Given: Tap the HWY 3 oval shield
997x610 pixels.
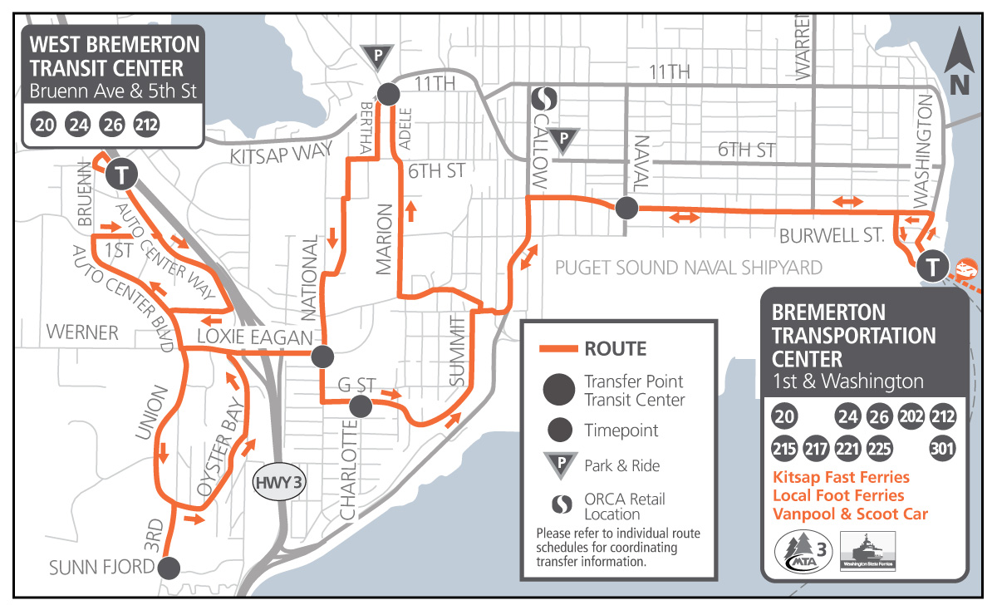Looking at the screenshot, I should [278, 482].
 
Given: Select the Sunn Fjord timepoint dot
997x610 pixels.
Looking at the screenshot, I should [169, 568].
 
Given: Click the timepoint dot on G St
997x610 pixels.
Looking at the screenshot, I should [360, 406].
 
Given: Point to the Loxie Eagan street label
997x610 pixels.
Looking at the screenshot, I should [254, 337].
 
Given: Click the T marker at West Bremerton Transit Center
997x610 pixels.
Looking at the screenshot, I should [122, 175].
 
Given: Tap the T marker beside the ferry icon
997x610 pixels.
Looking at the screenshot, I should [933, 267].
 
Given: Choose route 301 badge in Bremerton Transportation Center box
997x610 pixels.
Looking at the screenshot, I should [942, 448].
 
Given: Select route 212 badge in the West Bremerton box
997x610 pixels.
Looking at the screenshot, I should [146, 125].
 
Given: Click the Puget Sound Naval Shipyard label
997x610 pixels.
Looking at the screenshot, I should [688, 268].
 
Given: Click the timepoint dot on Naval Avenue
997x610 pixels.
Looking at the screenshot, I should [626, 208].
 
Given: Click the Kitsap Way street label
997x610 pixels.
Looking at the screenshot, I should [281, 153].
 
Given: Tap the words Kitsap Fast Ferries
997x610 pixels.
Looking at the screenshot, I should [841, 478].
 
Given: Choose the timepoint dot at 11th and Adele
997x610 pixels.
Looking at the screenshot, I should [388, 93].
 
